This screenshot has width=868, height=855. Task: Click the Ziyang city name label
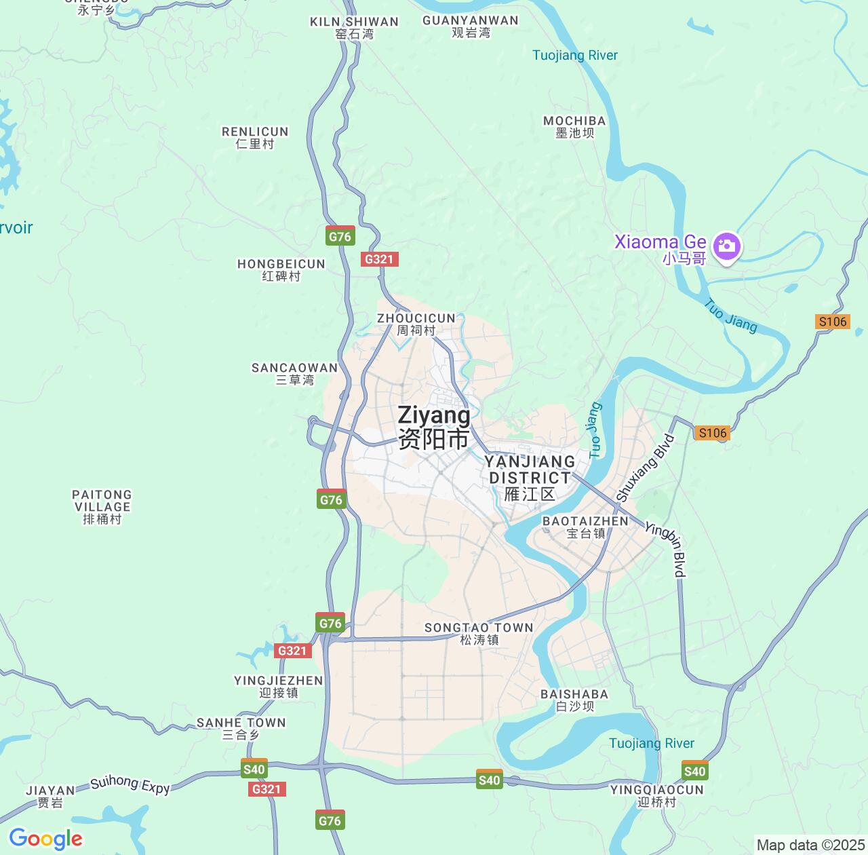434,427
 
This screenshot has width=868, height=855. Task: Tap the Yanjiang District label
530,478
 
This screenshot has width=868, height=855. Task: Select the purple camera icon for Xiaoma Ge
727,246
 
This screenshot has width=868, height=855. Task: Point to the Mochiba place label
574,127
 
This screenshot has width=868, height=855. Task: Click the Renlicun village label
255,137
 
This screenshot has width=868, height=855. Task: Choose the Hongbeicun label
281,269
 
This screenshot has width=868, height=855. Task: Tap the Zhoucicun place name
416,324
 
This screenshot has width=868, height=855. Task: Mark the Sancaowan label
294,373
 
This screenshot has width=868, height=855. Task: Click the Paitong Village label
102,506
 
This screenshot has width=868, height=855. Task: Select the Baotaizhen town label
585,527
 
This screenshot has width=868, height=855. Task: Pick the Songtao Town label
479,633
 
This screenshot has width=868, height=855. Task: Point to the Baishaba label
574,700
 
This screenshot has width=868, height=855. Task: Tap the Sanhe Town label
241,728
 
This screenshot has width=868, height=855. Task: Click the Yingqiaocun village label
656,795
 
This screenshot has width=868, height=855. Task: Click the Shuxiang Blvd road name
645,468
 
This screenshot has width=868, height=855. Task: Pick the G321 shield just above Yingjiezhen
293,651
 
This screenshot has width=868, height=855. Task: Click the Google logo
45,839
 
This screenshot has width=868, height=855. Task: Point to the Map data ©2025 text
810,845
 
